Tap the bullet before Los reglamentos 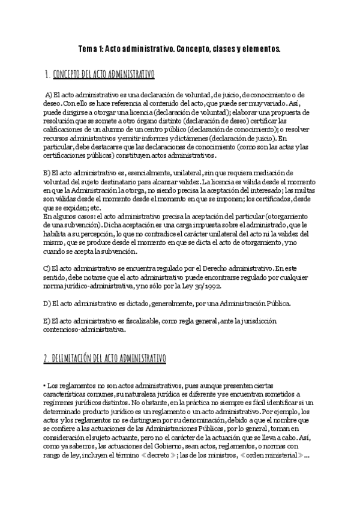point(45,385)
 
